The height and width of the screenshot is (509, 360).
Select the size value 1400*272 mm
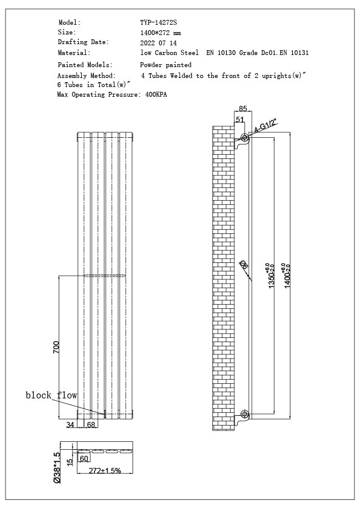160,33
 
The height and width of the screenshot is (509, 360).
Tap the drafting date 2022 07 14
158,43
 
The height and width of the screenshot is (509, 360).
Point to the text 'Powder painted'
166,65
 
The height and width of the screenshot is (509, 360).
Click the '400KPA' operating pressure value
156,95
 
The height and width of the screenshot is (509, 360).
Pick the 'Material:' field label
74,53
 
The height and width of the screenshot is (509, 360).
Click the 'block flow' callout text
51,395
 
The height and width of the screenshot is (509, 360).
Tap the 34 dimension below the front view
70,426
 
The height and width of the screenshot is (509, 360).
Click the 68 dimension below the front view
91,426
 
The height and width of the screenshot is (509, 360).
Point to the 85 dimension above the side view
243,109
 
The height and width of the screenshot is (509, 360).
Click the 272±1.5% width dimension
105,470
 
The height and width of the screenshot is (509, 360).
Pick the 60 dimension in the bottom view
84,459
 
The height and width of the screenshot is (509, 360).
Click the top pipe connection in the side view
244,138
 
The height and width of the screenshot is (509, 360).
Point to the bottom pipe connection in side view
244,414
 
